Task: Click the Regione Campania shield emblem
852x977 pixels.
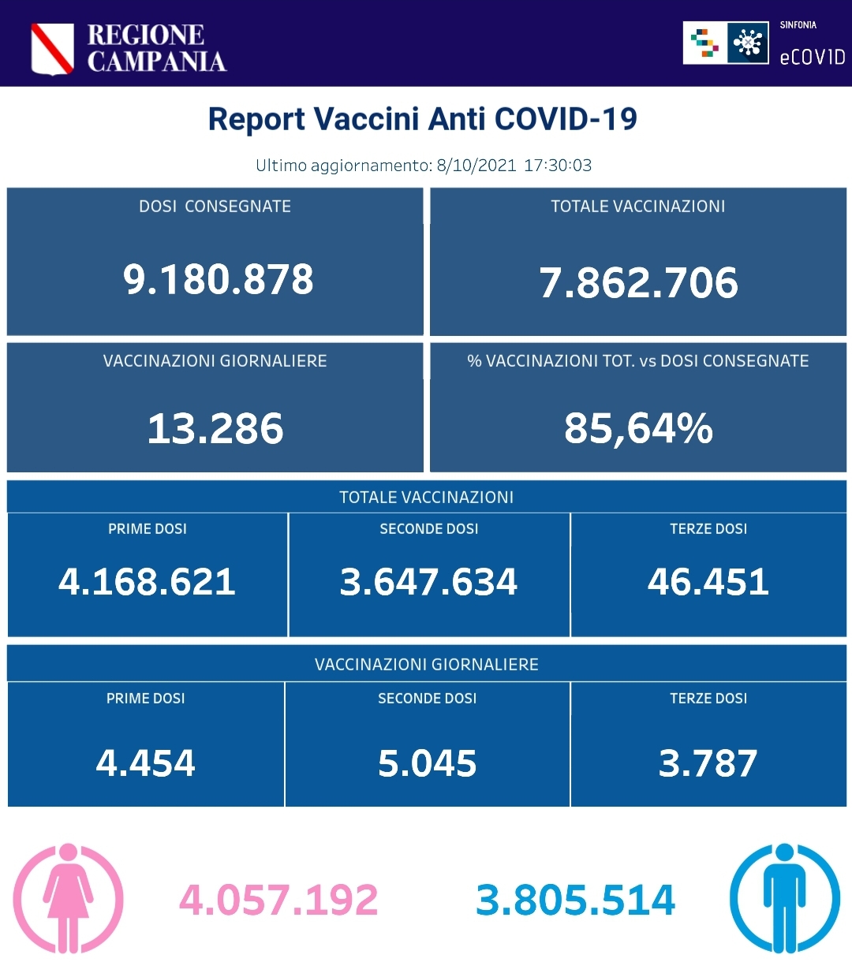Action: (52, 49)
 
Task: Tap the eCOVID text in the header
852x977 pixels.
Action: (812, 57)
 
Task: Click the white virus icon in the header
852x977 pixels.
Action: (747, 43)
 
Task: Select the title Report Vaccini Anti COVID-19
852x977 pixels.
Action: (422, 119)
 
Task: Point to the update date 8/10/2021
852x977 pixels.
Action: (476, 166)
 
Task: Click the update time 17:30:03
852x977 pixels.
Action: (558, 166)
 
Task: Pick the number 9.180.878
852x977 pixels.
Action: (218, 279)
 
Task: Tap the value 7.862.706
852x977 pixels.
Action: (638, 282)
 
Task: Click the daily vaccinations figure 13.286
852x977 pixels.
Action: (215, 428)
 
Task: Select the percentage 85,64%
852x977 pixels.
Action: (638, 428)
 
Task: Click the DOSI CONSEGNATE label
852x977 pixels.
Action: (215, 207)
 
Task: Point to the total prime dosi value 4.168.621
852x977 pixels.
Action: (148, 582)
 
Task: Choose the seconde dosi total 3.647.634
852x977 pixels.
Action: (428, 582)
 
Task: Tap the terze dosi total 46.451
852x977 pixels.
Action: (708, 582)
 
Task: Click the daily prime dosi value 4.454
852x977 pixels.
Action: (146, 763)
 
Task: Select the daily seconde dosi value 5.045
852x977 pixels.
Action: (428, 763)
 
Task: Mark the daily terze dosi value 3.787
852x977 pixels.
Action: (708, 763)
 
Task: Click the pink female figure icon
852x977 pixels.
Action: (69, 898)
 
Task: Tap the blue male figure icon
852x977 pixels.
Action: (784, 898)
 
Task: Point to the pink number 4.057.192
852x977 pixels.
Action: (278, 900)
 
